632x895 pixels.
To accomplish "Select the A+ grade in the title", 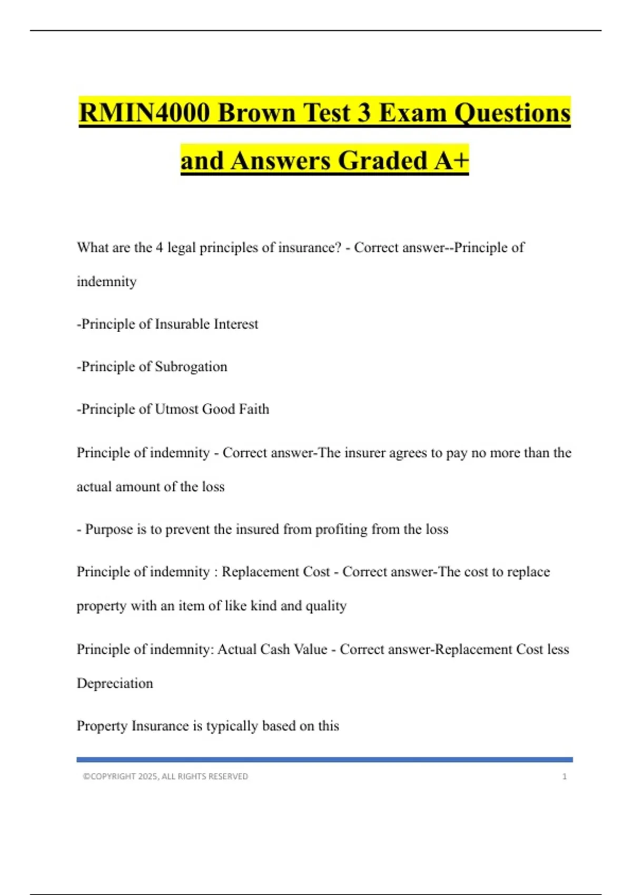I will [x=451, y=161].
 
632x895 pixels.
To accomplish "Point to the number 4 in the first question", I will [x=159, y=247].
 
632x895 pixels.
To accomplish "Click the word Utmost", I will [x=176, y=409].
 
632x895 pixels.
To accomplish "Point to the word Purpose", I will [x=109, y=529].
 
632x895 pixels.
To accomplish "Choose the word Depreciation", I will [x=115, y=683].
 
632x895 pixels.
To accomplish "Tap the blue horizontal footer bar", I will [x=324, y=760].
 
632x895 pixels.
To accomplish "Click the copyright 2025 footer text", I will [x=165, y=777].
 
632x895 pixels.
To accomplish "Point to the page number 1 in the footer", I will [x=565, y=777].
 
